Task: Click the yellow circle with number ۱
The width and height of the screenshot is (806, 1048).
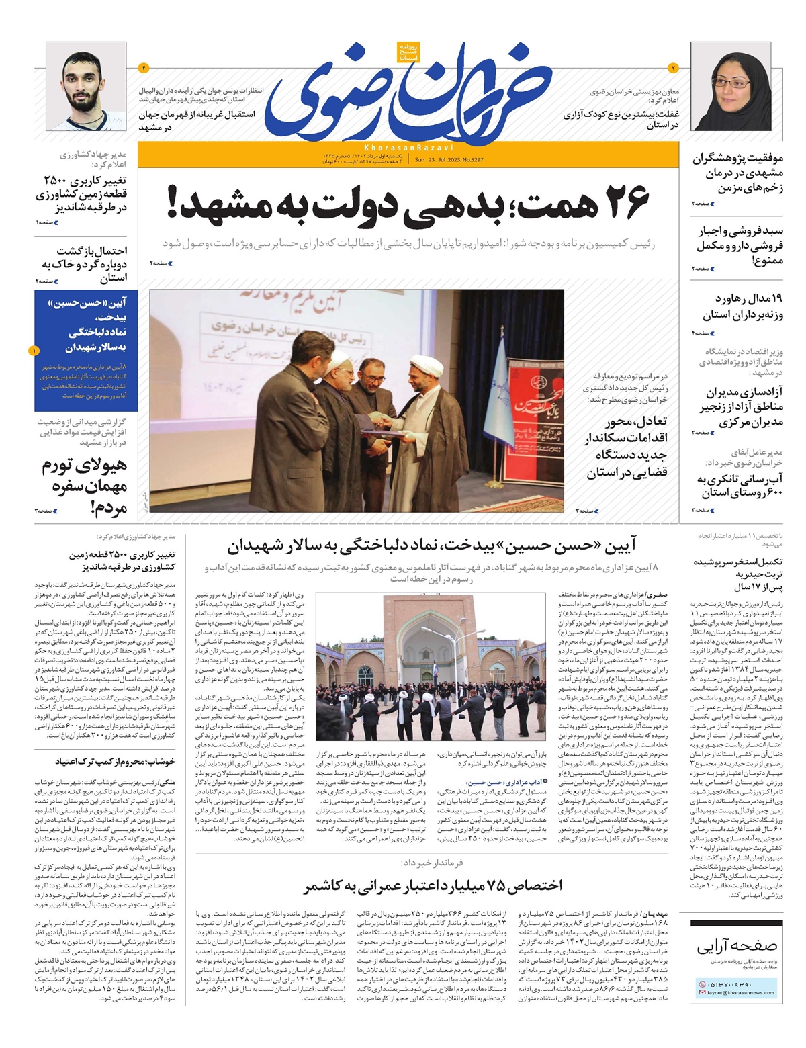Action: pos(34,350)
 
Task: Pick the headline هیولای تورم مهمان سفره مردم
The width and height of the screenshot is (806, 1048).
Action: pos(85,486)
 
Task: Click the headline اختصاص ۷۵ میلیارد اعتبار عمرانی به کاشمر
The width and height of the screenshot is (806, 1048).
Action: pos(433,885)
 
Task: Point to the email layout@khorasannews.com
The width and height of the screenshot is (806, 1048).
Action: pos(740,992)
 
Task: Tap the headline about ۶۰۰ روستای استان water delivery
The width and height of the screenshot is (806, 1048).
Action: pos(739,486)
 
